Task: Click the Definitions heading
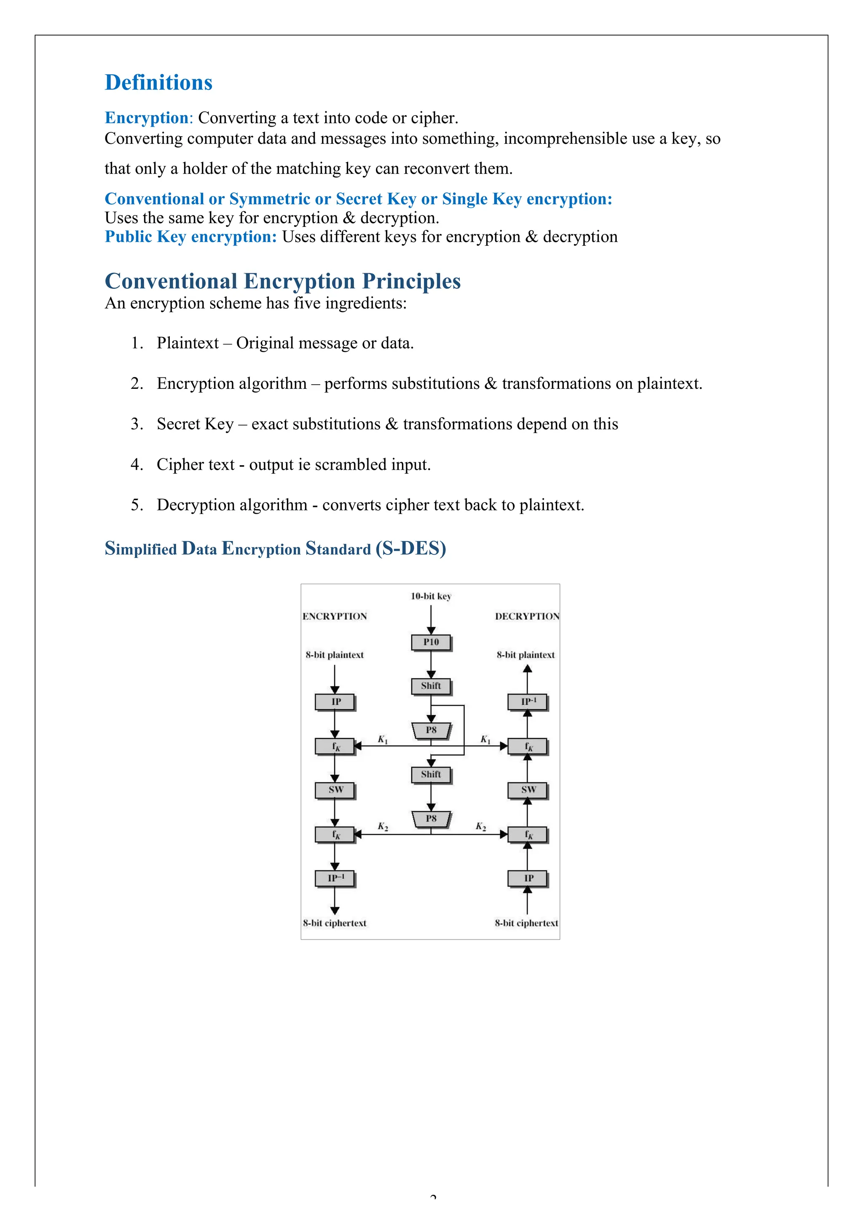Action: coord(158,83)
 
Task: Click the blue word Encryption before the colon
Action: coord(146,118)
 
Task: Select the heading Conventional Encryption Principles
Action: coord(282,281)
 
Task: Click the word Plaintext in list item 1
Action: coord(188,343)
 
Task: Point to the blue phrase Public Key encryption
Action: coord(190,237)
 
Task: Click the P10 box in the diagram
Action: coord(431,642)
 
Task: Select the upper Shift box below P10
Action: coord(431,686)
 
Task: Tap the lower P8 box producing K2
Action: coord(431,818)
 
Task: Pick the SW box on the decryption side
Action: coord(527,789)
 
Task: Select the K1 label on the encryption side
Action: coord(383,739)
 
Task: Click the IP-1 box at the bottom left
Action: coord(335,878)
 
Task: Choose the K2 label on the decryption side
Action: coord(481,827)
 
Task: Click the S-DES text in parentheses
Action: coord(410,549)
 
